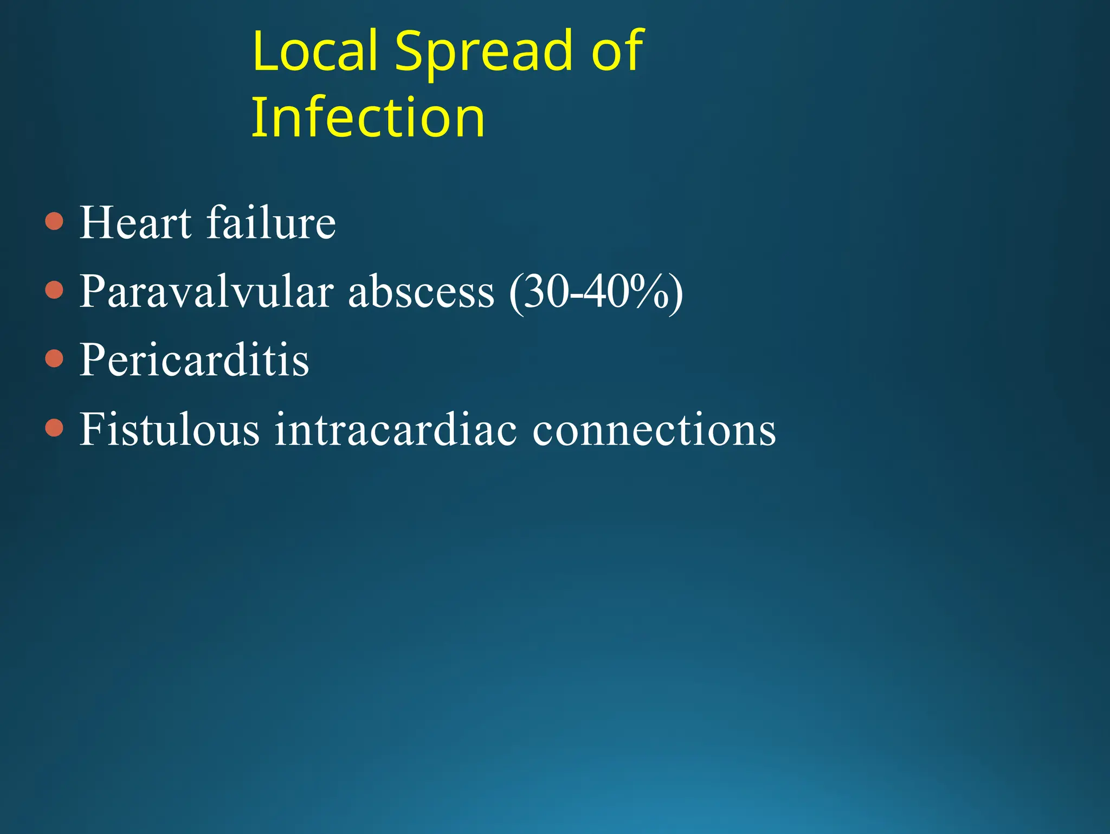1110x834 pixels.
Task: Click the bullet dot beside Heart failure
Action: tap(54, 221)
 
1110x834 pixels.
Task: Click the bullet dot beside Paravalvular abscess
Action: tap(54, 290)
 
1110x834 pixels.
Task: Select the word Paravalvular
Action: tap(206, 292)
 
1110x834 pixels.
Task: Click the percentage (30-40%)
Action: tap(596, 293)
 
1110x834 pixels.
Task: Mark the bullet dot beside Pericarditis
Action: tap(54, 358)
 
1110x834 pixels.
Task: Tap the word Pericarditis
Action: tap(194, 361)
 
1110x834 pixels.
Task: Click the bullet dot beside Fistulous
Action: tap(54, 428)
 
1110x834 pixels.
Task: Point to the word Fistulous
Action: tap(170, 429)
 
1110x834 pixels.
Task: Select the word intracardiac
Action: tap(396, 429)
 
